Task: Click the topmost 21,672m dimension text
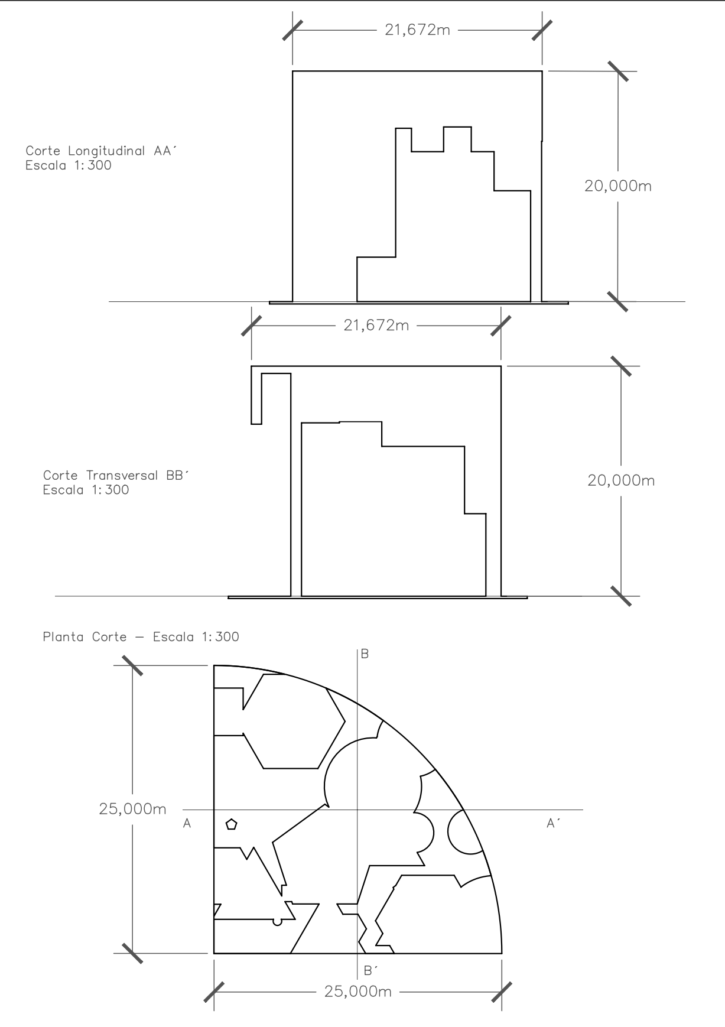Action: coord(417,30)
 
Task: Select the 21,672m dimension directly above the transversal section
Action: coord(376,325)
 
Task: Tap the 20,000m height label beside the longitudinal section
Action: coord(618,186)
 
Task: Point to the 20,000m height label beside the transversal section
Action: coord(621,480)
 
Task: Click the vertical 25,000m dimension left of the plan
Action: coord(133,809)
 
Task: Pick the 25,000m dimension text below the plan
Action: coord(358,992)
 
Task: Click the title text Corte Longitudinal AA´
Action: coord(101,151)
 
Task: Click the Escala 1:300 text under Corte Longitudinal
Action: coord(69,165)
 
